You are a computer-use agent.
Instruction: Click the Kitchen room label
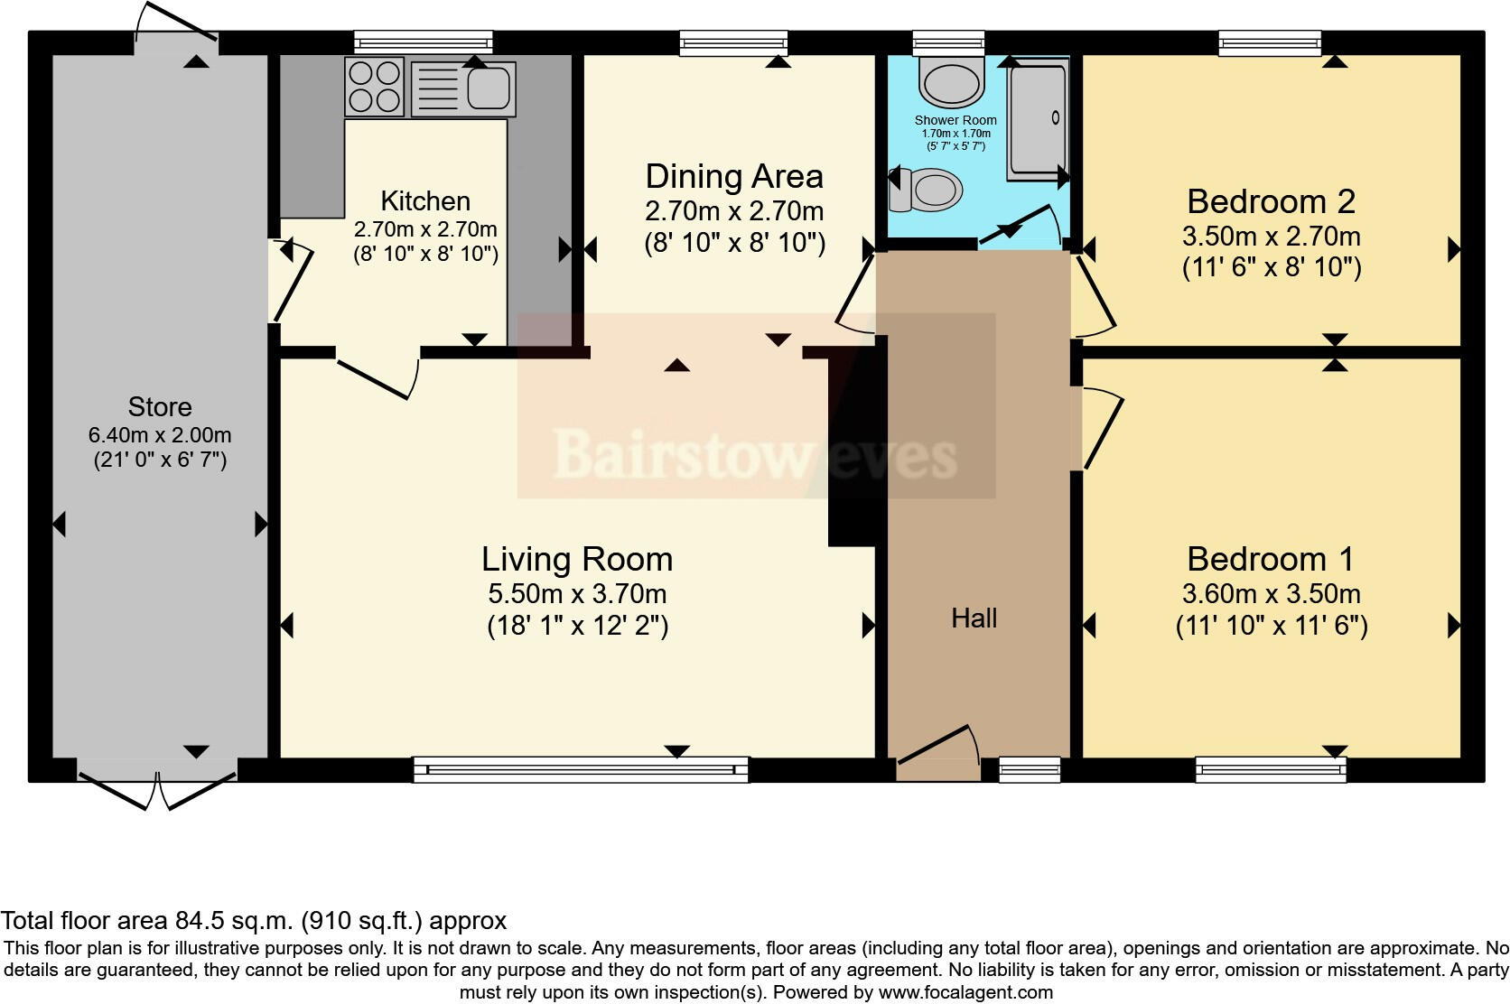425,200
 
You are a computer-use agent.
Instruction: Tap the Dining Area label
734,177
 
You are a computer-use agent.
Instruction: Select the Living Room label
577,559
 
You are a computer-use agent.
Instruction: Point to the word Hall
974,618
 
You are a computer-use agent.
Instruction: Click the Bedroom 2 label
1272,201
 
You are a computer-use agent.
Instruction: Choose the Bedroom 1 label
1271,559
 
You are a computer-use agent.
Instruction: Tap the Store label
160,407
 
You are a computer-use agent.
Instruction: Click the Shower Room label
955,120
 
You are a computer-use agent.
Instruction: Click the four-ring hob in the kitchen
375,87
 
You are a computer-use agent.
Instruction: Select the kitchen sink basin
488,88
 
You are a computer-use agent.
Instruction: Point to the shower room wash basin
951,82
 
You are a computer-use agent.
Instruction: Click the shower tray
1039,120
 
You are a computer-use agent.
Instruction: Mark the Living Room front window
581,769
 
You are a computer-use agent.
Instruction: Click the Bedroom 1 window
1271,769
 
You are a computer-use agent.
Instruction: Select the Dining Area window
733,43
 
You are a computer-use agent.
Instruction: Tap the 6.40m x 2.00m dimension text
160,435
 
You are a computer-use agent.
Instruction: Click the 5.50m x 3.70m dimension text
577,594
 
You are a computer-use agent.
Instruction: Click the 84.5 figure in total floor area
198,920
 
